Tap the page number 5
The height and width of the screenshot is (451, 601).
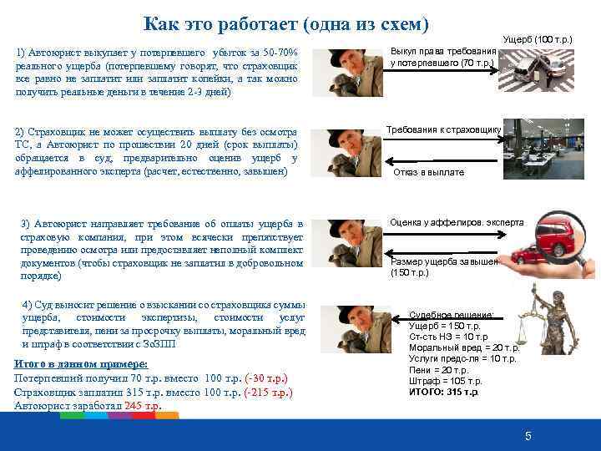click(528, 436)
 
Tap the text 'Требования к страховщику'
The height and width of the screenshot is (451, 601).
click(443, 129)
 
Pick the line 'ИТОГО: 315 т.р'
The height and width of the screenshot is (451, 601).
click(444, 391)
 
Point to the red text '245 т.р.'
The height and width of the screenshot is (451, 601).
click(143, 406)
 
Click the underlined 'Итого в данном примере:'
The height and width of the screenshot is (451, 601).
click(81, 364)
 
